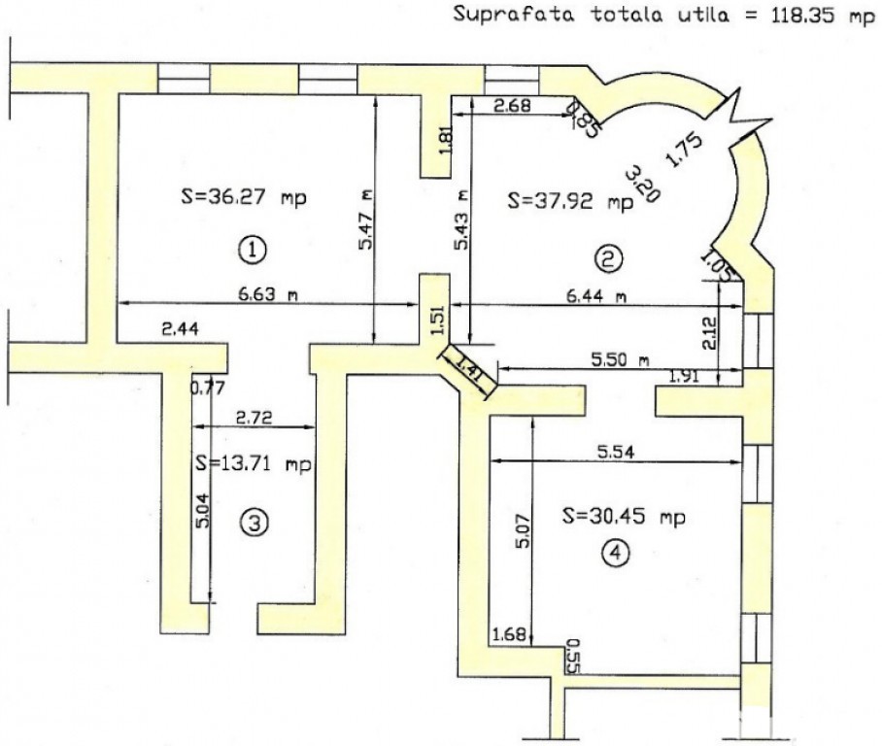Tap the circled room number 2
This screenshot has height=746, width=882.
(x=609, y=259)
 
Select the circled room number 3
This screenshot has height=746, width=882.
(x=254, y=524)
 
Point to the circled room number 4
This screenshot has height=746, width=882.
(x=615, y=554)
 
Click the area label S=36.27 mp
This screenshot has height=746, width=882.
(x=244, y=198)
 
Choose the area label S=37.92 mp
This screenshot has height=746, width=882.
(x=570, y=201)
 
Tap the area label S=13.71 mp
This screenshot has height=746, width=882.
(x=254, y=464)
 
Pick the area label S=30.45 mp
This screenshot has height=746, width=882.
(x=625, y=517)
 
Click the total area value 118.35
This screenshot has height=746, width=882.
(x=802, y=14)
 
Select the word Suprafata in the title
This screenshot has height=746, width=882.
(x=514, y=14)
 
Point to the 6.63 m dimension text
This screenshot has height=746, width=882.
(x=268, y=293)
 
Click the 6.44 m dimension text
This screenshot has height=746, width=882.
(x=595, y=296)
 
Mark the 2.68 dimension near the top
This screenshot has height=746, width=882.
(x=512, y=105)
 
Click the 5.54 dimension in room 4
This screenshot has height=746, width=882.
(x=616, y=452)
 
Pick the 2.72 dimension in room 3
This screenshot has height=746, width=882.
(x=254, y=418)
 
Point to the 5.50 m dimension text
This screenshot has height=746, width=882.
(x=620, y=359)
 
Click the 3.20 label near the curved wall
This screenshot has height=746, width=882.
(x=642, y=184)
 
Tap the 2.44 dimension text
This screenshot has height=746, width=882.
(x=180, y=329)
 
